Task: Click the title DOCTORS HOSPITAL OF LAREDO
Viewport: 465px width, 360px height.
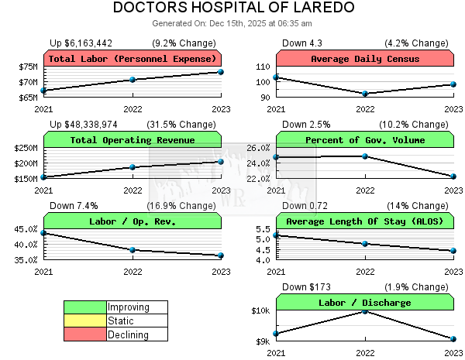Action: pos(234,8)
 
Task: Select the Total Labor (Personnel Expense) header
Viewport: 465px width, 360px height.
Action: pos(133,59)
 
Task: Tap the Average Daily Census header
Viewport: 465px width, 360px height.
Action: pos(365,59)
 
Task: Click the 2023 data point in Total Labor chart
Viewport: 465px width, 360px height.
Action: pos(221,72)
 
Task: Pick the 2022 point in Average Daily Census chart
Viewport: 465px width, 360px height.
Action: pos(365,94)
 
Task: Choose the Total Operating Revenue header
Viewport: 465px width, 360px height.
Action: pos(133,140)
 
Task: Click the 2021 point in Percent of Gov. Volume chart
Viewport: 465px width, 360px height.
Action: pos(277,157)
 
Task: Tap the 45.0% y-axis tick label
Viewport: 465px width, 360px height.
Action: pos(26,229)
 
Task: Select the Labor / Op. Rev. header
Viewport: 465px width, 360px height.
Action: pos(133,221)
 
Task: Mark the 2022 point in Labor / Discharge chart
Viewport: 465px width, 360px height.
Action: pos(365,311)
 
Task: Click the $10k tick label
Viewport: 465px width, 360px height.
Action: pos(260,311)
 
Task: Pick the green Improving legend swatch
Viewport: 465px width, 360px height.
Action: pos(84,307)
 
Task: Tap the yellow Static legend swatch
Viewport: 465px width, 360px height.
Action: pos(84,321)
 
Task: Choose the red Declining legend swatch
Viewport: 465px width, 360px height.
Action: pos(84,334)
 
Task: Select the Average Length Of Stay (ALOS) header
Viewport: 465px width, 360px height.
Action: pos(365,221)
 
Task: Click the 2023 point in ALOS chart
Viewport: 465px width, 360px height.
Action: pos(453,250)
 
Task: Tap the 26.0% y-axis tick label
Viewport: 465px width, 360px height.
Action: pos(258,148)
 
